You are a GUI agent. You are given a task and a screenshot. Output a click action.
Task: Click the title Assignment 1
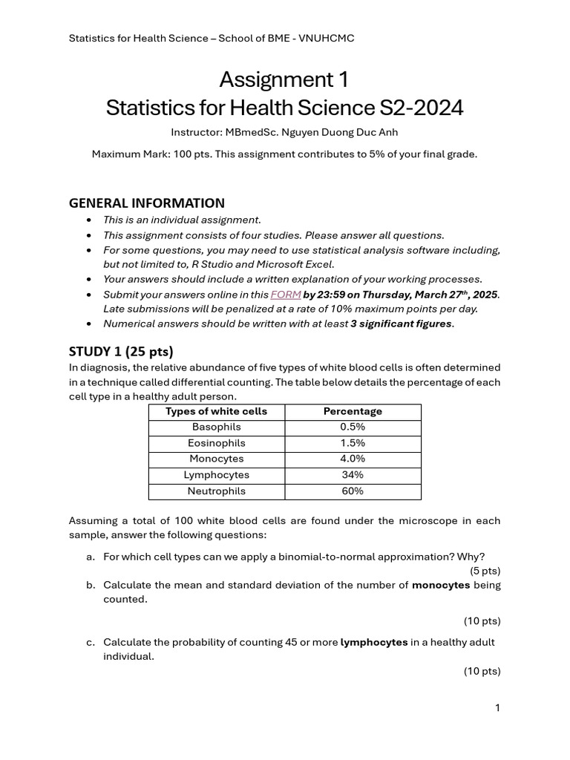284,79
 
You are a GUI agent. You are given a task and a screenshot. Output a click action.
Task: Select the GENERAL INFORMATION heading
146,203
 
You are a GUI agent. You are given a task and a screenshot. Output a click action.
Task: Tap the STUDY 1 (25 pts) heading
121,351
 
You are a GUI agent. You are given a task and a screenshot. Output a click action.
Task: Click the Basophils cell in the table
217,427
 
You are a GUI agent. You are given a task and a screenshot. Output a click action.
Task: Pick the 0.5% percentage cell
353,427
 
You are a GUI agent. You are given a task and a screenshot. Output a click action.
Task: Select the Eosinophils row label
217,443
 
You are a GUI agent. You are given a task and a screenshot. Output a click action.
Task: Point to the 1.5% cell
353,443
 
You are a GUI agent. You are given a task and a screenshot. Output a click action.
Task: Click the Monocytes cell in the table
217,459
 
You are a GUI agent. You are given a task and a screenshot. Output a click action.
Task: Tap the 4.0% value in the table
353,459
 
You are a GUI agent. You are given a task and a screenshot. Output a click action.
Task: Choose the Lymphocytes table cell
217,475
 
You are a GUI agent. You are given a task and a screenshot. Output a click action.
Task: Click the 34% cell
353,475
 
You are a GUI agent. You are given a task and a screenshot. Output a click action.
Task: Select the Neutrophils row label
217,491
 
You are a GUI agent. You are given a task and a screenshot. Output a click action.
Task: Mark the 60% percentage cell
353,491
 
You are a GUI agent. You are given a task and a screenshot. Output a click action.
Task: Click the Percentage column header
353,411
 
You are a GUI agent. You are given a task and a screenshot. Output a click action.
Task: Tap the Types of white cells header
217,411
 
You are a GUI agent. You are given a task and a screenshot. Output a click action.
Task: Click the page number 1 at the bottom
497,708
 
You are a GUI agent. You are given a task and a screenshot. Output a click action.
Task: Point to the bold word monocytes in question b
441,585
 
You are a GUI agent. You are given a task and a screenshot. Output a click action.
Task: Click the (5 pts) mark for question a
485,571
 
